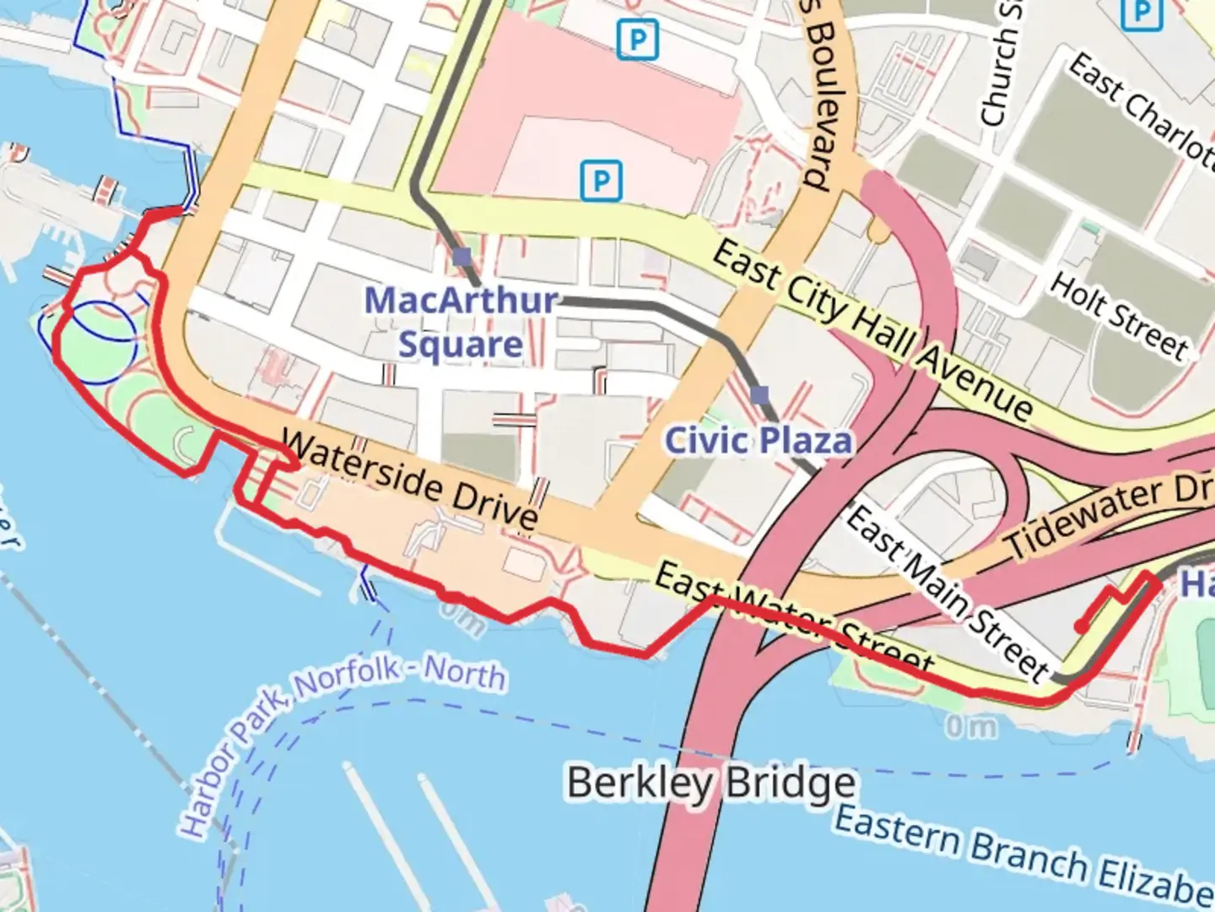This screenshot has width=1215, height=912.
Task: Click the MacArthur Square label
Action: click(461, 323)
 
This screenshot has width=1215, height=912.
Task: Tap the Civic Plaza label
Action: click(758, 441)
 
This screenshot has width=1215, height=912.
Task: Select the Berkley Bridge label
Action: click(710, 783)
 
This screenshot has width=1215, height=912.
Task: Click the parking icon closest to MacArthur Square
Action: click(601, 181)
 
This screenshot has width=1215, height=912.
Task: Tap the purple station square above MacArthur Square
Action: click(462, 257)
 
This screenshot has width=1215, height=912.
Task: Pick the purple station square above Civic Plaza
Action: click(759, 394)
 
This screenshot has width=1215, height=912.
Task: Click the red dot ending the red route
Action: click(1081, 626)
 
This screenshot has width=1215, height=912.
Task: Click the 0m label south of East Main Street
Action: click(970, 725)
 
